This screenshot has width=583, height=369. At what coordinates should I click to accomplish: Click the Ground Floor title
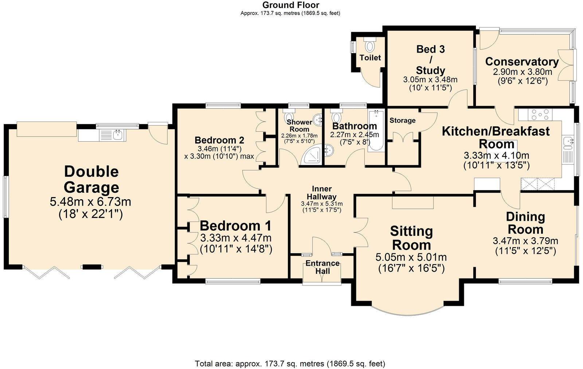[x=290, y=5]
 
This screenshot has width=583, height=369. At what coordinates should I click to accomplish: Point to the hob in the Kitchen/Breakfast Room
[x=541, y=115]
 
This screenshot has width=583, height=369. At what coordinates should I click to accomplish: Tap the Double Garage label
[x=91, y=179]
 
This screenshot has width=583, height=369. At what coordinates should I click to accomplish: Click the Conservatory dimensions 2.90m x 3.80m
[x=522, y=72]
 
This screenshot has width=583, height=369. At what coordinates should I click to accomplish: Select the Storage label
[x=402, y=120]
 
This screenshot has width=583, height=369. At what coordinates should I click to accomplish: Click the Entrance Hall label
[x=322, y=267]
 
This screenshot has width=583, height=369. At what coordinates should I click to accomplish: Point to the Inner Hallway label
[x=322, y=193]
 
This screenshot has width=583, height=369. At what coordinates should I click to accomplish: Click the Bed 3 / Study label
[x=430, y=59]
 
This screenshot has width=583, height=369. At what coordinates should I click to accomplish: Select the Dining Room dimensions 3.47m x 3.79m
[x=525, y=241]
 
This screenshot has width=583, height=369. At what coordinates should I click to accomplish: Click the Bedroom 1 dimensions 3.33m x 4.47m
[x=236, y=238]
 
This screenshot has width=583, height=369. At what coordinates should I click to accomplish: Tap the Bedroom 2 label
[x=219, y=140]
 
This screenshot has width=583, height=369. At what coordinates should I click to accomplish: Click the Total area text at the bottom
[x=290, y=364]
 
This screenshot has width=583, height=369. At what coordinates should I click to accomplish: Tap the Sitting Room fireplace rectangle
[x=413, y=202]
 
